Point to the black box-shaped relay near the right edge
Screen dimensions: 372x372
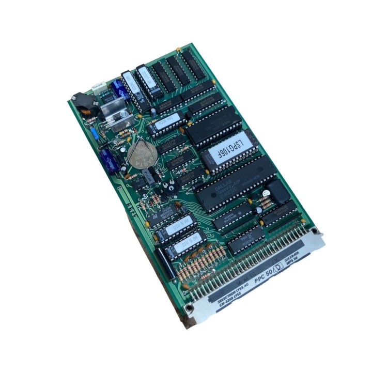[276, 192]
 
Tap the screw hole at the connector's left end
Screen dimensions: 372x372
[190, 308]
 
